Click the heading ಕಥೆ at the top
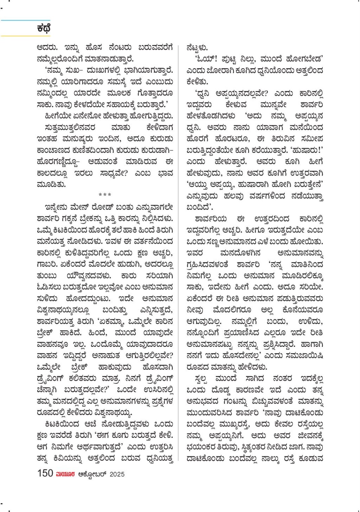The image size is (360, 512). tap(44, 28)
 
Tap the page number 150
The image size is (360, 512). tap(45, 473)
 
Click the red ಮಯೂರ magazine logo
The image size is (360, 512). tap(65, 474)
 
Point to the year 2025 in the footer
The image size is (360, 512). tap(117, 474)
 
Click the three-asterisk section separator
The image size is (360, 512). tap(105, 195)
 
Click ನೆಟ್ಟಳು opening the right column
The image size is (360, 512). tap(197, 48)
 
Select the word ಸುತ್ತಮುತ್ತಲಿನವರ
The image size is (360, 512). tap(70, 127)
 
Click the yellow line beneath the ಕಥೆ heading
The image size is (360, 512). tap(25, 36)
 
